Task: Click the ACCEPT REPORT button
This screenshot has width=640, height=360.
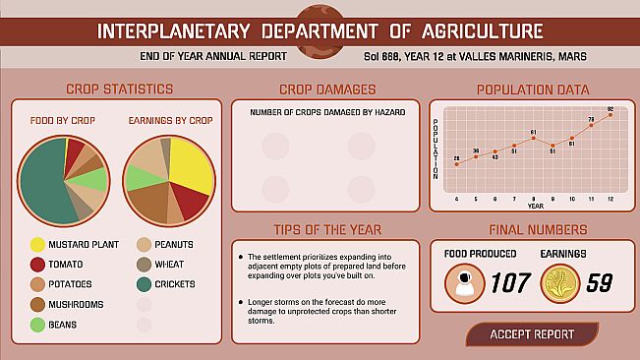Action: pyautogui.click(x=532, y=334)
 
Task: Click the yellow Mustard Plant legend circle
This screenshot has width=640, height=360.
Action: pyautogui.click(x=37, y=244)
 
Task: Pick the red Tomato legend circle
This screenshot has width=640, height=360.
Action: pyautogui.click(x=37, y=264)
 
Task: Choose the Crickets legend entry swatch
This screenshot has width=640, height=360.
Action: pyautogui.click(x=145, y=284)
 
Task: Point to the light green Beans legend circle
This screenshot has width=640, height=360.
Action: pyautogui.click(x=37, y=324)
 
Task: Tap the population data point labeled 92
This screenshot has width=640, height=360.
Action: pyautogui.click(x=611, y=115)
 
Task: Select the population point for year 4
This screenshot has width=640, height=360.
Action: pyautogui.click(x=456, y=164)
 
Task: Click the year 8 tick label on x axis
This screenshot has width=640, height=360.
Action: pyautogui.click(x=533, y=199)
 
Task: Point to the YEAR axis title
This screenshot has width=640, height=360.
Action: pyautogui.click(x=534, y=207)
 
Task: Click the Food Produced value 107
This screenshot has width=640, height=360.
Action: pyautogui.click(x=510, y=284)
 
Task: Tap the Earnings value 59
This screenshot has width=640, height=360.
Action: pyautogui.click(x=599, y=284)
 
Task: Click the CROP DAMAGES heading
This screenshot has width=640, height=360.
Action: pyautogui.click(x=327, y=90)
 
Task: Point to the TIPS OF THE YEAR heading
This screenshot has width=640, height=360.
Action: pyautogui.click(x=327, y=229)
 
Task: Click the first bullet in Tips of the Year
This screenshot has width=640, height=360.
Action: pyautogui.click(x=240, y=257)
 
